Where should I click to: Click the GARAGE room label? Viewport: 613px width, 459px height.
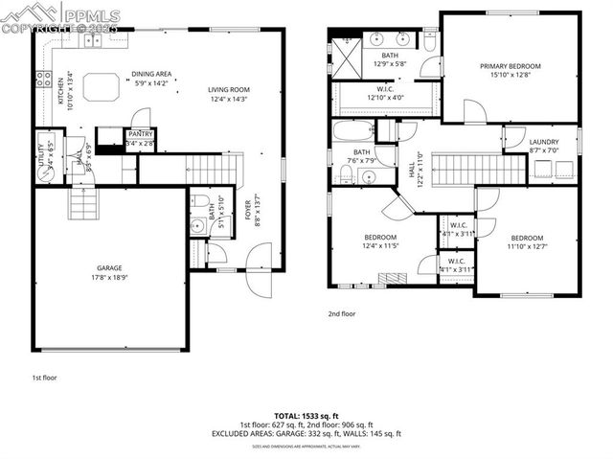tap(108, 268)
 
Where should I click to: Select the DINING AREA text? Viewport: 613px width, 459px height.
tap(151, 74)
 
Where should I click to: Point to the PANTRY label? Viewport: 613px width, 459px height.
tap(140, 134)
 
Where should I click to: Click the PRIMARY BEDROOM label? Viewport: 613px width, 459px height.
tap(510, 66)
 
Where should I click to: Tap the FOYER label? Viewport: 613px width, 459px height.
tap(248, 210)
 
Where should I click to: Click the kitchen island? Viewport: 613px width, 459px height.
tap(102, 87)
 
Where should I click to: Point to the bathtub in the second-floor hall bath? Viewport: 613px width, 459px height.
tap(353, 131)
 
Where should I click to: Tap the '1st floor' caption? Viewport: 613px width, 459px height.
tap(44, 378)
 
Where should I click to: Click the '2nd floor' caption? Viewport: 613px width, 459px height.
tap(342, 313)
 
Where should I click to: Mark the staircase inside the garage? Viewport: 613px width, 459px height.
tap(82, 202)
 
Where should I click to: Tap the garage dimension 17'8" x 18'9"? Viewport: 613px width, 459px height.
tap(108, 278)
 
